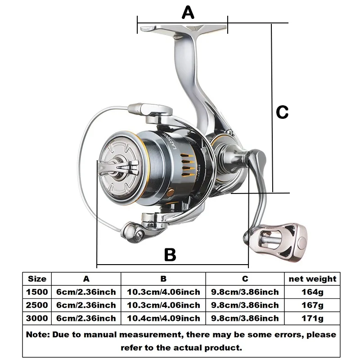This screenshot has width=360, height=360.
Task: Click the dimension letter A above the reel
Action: [x=188, y=12]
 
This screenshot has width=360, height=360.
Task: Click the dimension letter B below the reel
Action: [x=170, y=255]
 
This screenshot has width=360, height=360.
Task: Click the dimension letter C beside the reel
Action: [x=282, y=112]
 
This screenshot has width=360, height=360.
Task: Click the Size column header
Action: [x=37, y=279]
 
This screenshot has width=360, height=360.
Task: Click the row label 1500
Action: [x=37, y=292]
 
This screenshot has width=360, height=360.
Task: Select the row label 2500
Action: [x=37, y=305]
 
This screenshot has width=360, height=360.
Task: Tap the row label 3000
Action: [x=37, y=319]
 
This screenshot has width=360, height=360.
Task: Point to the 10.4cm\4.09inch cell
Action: [x=164, y=319]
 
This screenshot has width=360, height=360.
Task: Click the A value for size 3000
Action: [x=86, y=319]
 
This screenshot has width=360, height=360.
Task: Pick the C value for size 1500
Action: [x=245, y=292]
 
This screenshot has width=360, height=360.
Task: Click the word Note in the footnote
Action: [x=37, y=335]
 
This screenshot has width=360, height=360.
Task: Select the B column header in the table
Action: [x=164, y=279]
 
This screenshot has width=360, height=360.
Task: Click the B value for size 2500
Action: [x=164, y=305]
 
